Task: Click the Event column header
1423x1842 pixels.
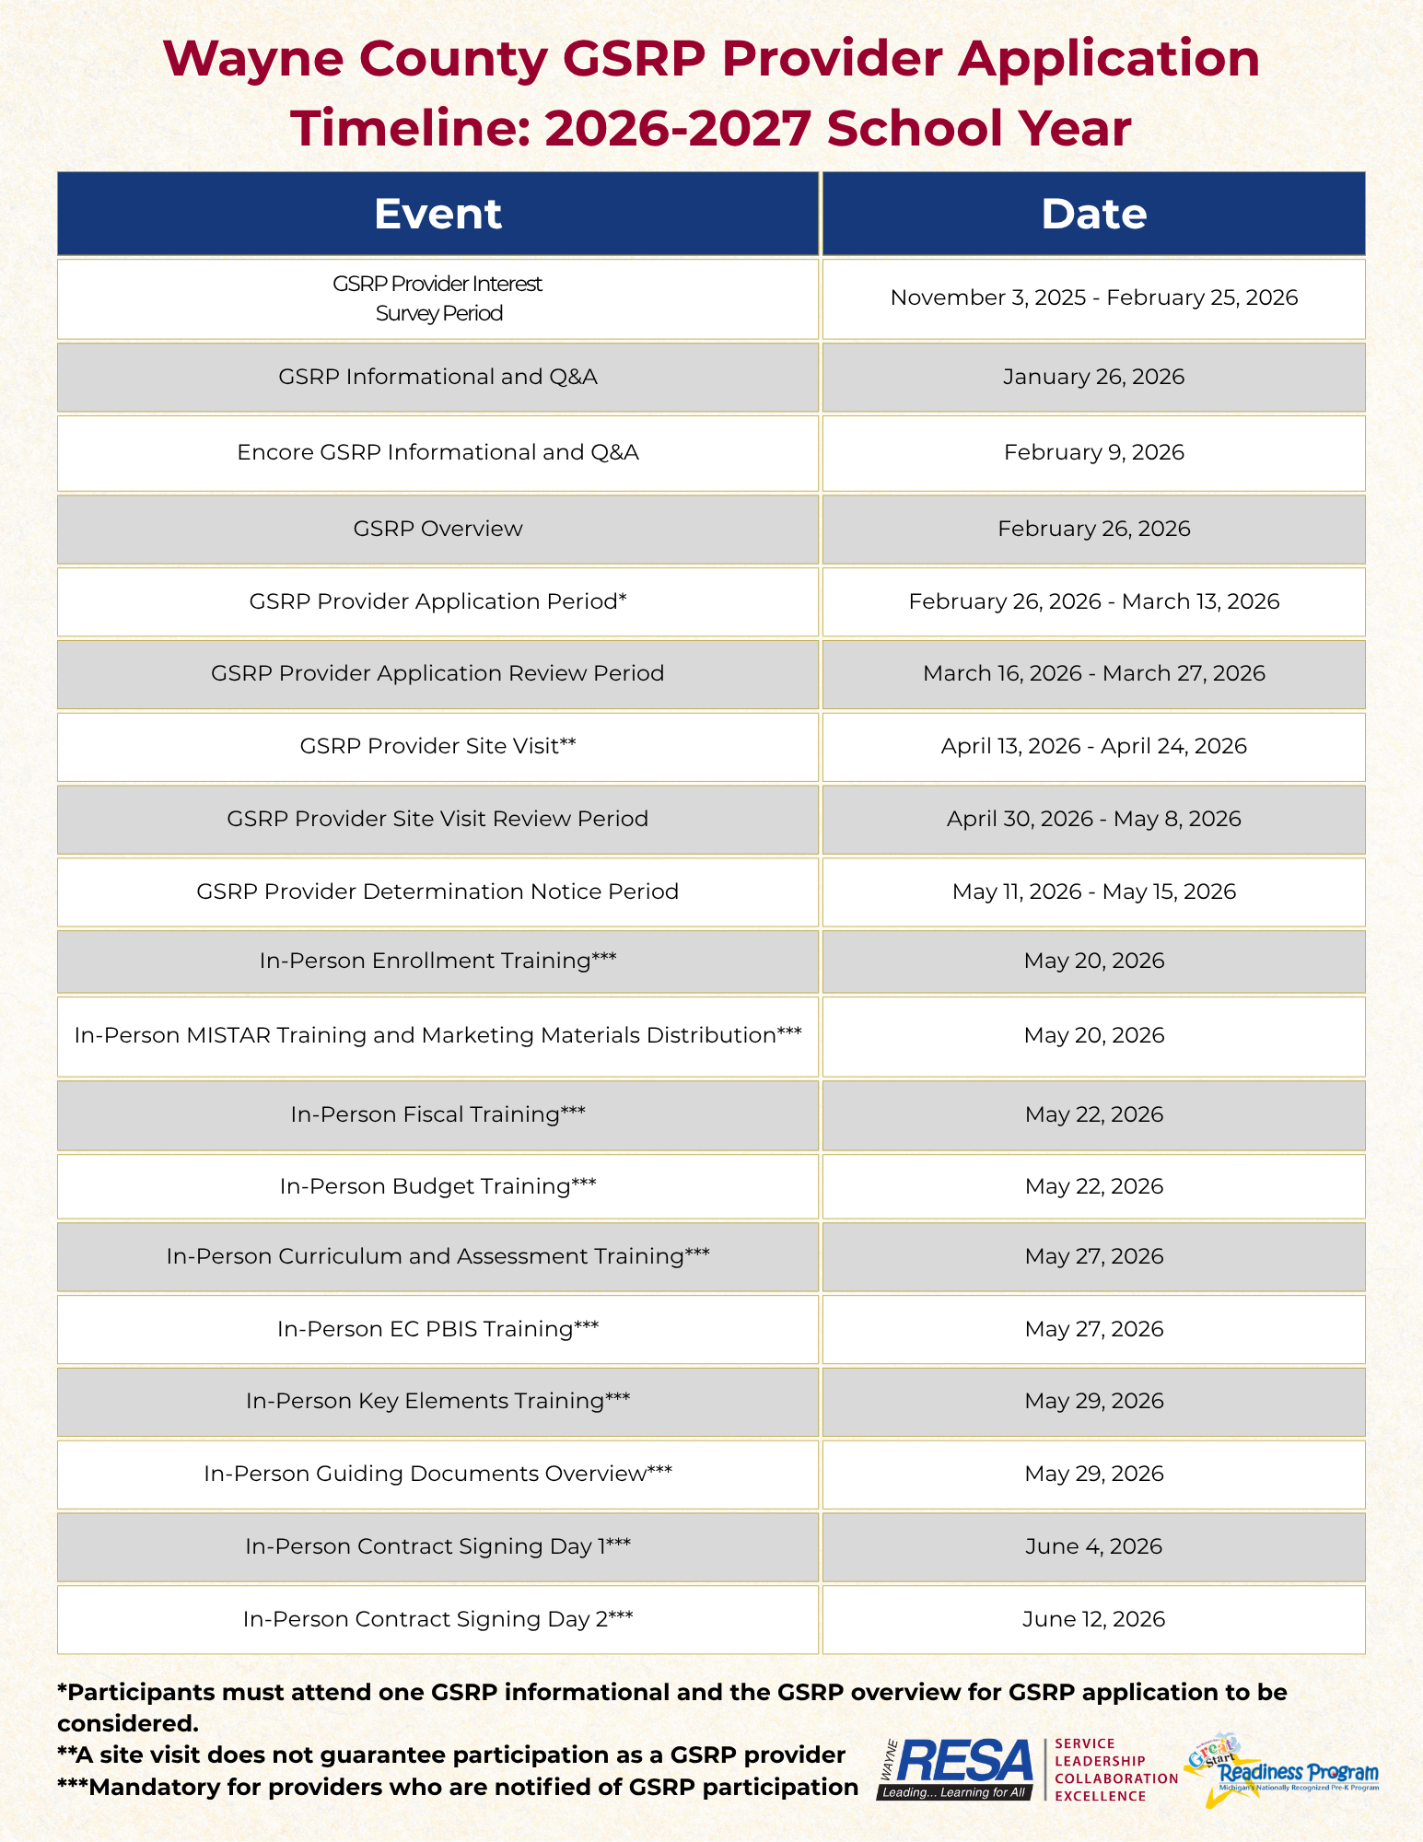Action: click(437, 214)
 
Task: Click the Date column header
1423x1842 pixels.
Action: click(1093, 214)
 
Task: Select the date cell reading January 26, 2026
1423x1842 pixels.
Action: click(1093, 377)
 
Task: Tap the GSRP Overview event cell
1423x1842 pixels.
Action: click(437, 529)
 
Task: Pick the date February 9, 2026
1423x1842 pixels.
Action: click(1093, 452)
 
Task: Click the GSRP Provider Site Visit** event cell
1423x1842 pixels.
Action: click(437, 746)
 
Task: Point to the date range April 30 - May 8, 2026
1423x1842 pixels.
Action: click(1093, 819)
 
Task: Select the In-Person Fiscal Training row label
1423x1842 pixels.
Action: click(437, 1114)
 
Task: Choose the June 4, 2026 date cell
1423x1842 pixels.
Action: click(1093, 1546)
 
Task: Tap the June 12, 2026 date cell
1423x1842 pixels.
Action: click(1093, 1619)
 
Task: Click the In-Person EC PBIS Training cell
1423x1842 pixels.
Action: click(437, 1329)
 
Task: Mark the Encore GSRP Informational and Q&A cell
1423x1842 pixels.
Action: click(437, 452)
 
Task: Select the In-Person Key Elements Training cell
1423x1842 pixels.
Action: click(437, 1401)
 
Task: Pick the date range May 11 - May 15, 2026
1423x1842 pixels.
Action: click(1093, 892)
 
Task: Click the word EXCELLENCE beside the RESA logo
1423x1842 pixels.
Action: click(1100, 1796)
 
